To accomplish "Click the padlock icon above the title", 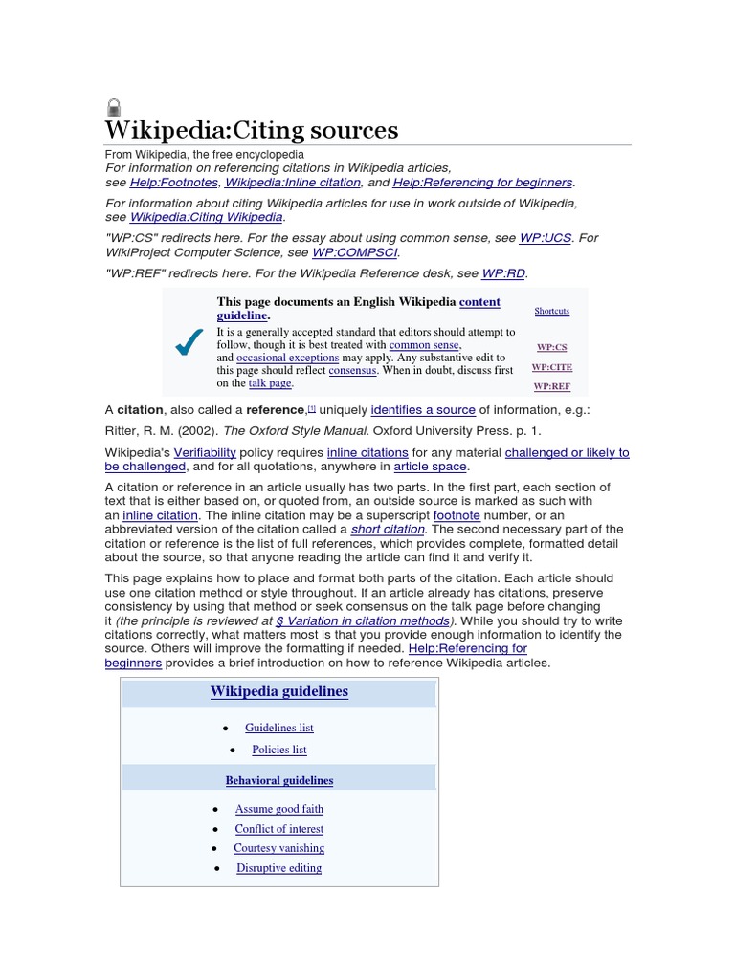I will [114, 107].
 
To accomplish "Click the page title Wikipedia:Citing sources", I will [251, 130].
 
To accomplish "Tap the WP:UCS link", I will [545, 238].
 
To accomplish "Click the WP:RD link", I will [503, 273].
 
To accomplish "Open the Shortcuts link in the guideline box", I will [551, 312].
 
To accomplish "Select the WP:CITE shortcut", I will [552, 367].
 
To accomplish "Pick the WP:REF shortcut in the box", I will [552, 387].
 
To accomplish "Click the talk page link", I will [270, 383].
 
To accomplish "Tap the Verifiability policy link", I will [210, 452].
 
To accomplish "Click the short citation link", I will [388, 530].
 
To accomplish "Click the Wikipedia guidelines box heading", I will [278, 692].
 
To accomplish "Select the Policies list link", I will [279, 751].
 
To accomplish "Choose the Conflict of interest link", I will [279, 829].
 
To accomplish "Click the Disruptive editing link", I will [279, 868].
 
